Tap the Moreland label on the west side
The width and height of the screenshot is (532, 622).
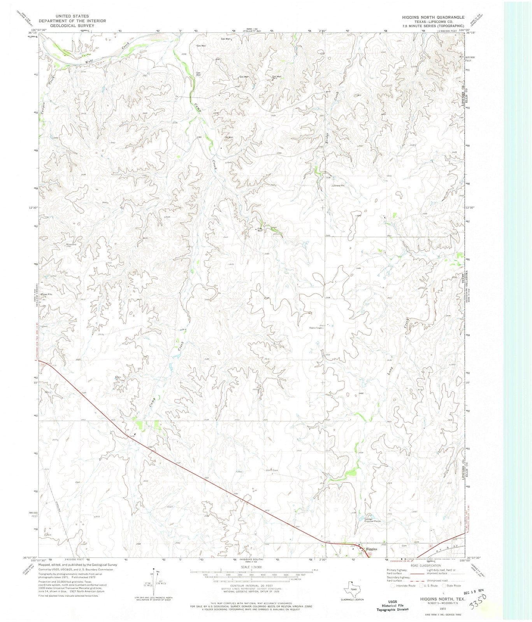click(70, 245)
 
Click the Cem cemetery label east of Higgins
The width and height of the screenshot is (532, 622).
click(404, 546)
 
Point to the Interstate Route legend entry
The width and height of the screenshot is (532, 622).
click(404, 585)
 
